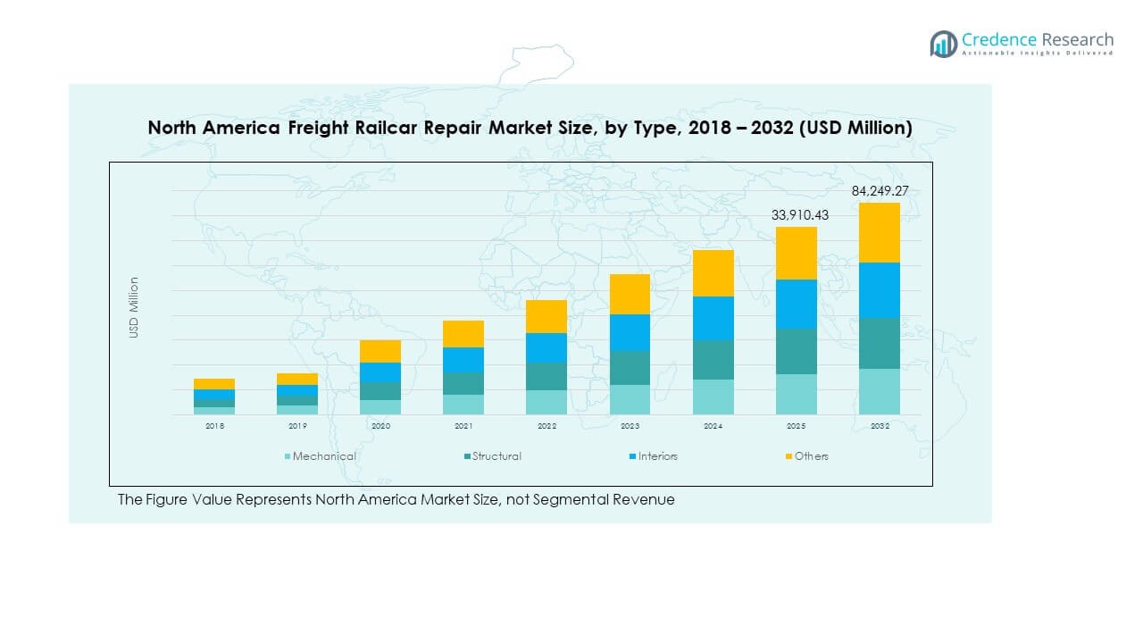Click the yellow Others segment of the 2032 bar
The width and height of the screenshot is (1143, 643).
click(x=879, y=232)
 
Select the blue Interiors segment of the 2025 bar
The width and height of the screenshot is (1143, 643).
click(x=796, y=304)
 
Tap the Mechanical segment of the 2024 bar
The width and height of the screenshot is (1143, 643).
click(x=713, y=397)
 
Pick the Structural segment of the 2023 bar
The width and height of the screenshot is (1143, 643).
click(x=630, y=367)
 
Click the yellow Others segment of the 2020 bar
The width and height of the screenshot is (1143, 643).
click(x=380, y=351)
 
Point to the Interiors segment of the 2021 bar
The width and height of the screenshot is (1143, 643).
click(x=463, y=359)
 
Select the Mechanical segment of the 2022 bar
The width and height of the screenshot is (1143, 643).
click(x=546, y=402)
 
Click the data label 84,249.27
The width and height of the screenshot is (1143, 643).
click(x=879, y=191)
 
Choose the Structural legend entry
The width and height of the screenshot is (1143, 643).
click(x=496, y=456)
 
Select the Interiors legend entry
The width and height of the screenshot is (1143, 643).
click(x=657, y=456)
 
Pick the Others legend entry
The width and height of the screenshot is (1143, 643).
click(x=811, y=456)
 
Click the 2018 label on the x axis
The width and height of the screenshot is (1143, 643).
click(x=214, y=427)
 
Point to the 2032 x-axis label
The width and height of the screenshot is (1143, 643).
click(x=879, y=427)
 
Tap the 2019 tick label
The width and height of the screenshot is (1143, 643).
click(x=297, y=427)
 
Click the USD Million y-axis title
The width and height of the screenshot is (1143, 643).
click(x=134, y=307)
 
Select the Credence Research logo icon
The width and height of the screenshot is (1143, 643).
click(x=943, y=44)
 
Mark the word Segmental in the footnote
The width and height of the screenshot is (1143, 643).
click(x=572, y=500)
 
